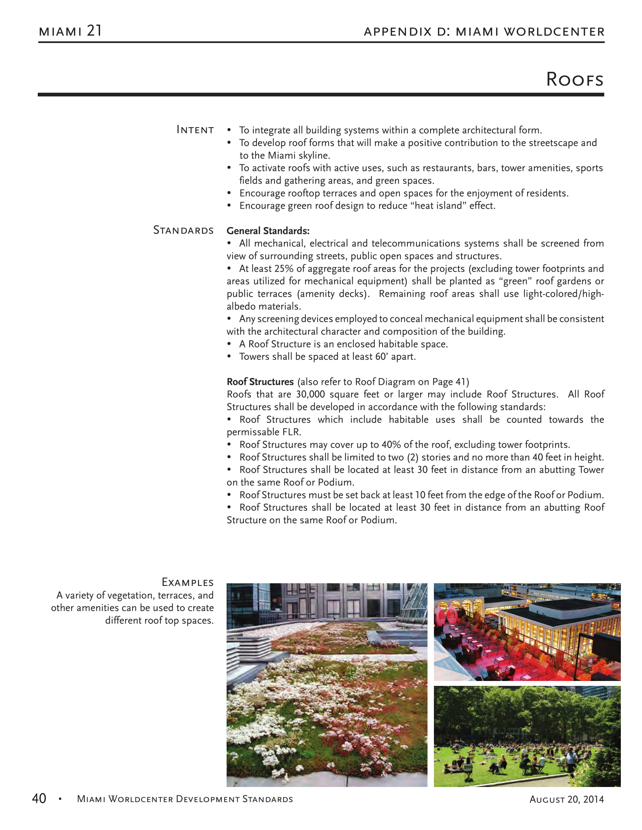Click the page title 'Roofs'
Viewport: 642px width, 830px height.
coord(574,80)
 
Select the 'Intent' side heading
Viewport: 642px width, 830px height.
coord(195,130)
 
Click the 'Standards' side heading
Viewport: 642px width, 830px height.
coord(183,230)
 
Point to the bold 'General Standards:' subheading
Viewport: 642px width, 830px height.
coord(268,231)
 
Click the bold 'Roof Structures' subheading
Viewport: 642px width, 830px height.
coord(260,381)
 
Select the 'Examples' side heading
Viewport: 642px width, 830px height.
coord(188,582)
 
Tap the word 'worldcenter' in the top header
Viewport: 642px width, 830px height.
coord(554,32)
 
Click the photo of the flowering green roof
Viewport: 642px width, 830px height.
coord(327,685)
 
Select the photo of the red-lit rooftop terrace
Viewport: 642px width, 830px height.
coord(527,632)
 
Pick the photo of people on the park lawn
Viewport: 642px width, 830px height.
coord(527,736)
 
